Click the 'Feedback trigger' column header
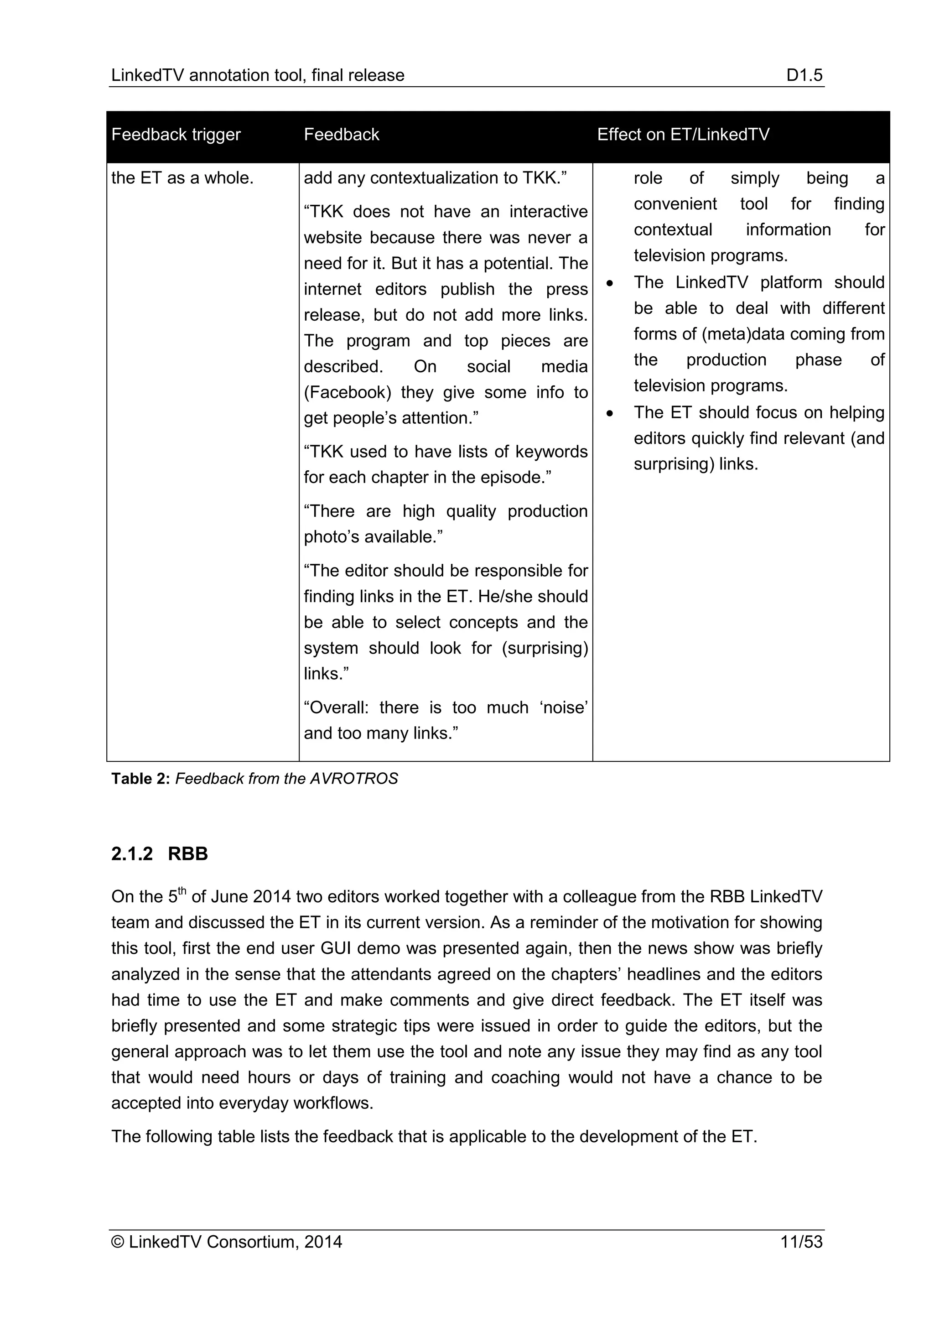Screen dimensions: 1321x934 [x=176, y=135]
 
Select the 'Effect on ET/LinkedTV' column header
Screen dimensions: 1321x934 [x=683, y=135]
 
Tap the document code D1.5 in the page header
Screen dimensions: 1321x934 [x=804, y=75]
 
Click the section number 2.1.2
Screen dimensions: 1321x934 [x=132, y=853]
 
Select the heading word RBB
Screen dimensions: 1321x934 [x=187, y=853]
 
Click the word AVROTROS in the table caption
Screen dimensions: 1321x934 [x=354, y=779]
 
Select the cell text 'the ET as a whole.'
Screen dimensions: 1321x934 [x=182, y=178]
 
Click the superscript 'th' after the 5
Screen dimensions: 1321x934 [x=182, y=892]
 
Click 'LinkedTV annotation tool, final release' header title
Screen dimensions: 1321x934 [x=258, y=75]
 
